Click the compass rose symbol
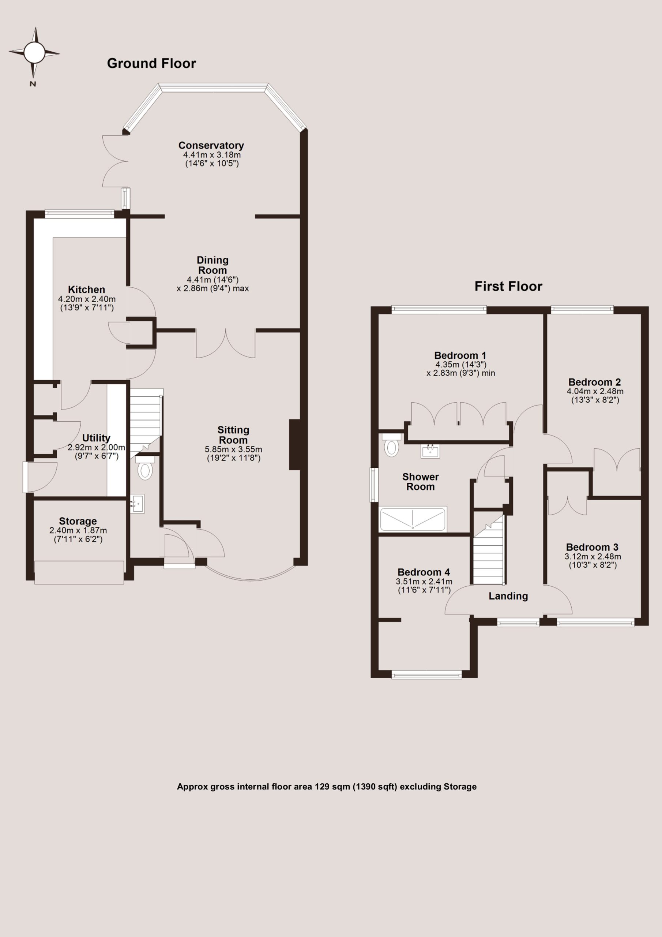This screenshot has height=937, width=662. [x=34, y=53]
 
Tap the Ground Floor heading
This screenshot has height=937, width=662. [x=151, y=63]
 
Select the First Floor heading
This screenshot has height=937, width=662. [x=508, y=286]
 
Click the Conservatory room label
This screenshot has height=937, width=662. [x=211, y=145]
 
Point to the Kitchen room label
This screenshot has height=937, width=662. [x=86, y=290]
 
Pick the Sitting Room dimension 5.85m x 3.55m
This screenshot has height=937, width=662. [x=233, y=449]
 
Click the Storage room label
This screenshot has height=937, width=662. [x=78, y=521]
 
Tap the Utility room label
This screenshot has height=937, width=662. [x=96, y=438]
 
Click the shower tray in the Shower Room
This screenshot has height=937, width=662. [x=413, y=519]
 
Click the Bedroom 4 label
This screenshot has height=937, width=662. [x=424, y=572]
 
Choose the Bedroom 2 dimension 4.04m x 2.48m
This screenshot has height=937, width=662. [x=595, y=391]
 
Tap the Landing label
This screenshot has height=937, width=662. [x=508, y=596]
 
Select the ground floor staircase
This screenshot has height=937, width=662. [x=146, y=420]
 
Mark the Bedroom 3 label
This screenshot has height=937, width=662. [x=592, y=547]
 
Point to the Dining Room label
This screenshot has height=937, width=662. [x=212, y=265]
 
